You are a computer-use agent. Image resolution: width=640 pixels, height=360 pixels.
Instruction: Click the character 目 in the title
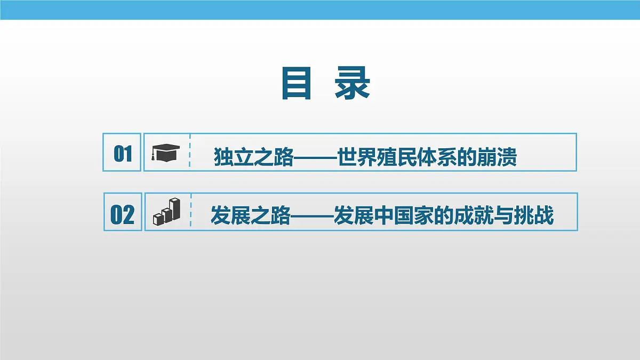[296, 84]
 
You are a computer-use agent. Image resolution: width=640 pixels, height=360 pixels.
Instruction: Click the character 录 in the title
[353, 84]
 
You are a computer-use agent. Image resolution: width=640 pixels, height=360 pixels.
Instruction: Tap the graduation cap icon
[165, 152]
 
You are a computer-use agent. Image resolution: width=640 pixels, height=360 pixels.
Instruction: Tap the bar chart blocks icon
[166, 211]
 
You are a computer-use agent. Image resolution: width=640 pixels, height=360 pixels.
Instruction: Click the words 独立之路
[253, 158]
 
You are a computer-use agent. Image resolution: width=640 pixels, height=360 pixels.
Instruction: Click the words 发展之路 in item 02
[251, 217]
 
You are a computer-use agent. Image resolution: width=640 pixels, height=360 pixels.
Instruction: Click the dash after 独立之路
[315, 158]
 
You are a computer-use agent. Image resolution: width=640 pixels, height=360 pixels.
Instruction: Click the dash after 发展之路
[312, 217]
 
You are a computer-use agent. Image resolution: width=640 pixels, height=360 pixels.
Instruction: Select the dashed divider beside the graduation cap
[190, 152]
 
